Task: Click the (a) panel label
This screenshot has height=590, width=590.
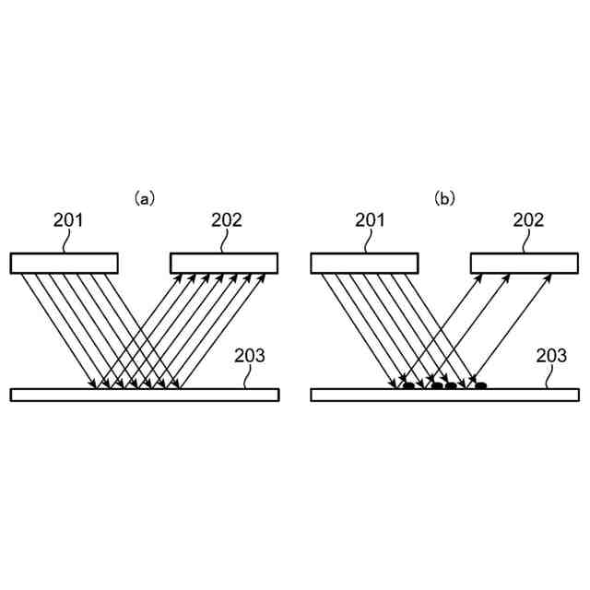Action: [x=145, y=197]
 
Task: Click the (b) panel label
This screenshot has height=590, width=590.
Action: [x=445, y=197]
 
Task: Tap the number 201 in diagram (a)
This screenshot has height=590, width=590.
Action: [x=69, y=219]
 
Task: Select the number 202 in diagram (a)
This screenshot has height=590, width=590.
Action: [x=226, y=219]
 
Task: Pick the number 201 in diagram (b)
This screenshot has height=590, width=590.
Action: [x=370, y=219]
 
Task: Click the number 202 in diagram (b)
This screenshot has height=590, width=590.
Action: [x=528, y=219]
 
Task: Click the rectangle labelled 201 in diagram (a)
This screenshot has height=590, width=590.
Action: [x=64, y=264]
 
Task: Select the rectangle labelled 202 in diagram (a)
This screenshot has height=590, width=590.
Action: [x=224, y=264]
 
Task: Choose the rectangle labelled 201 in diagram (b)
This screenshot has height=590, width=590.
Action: [x=364, y=264]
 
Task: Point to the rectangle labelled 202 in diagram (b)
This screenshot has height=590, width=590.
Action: [x=525, y=264]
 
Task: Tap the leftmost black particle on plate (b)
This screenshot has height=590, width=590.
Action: [x=408, y=385]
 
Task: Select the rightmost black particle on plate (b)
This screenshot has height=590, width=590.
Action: [x=480, y=385]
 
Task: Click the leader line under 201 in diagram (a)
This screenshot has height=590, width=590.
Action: [x=67, y=242]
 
